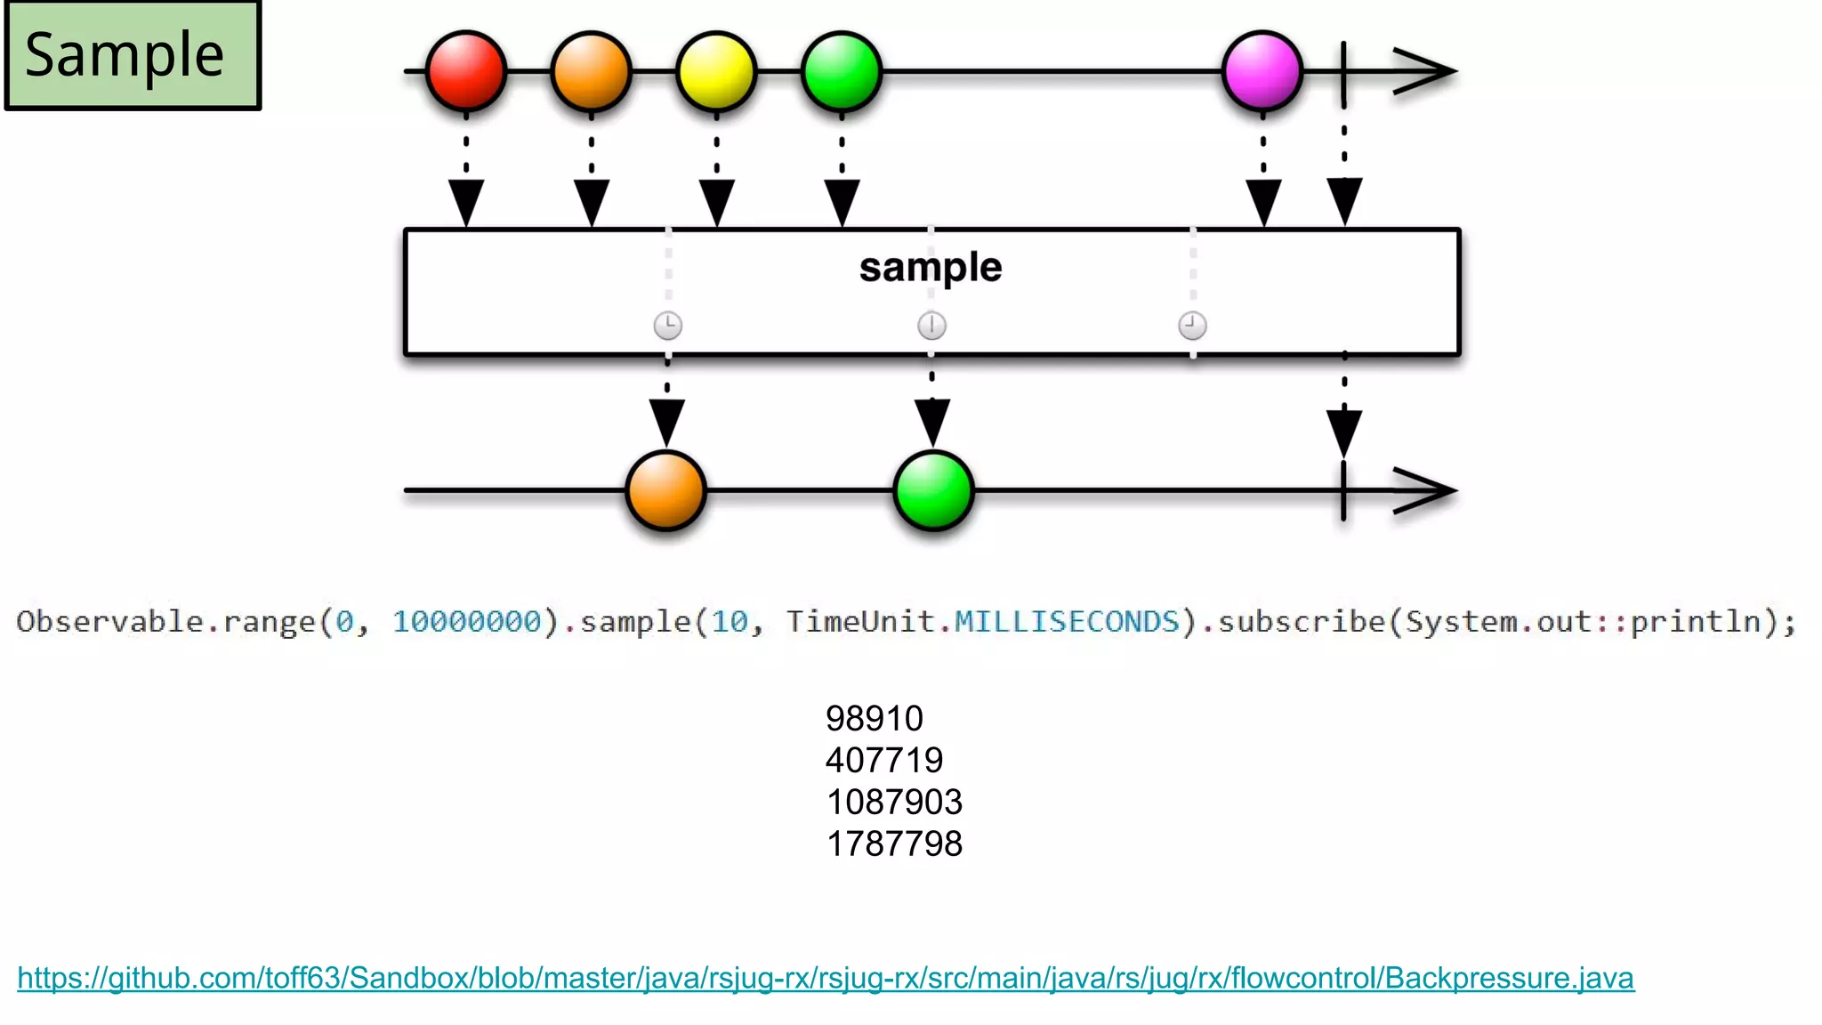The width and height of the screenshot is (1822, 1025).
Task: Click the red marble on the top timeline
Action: (x=466, y=71)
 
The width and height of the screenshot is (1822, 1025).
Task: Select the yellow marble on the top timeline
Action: (x=716, y=71)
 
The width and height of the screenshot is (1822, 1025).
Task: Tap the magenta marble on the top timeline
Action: (x=1262, y=71)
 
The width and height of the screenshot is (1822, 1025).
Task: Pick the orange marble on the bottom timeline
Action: (x=665, y=490)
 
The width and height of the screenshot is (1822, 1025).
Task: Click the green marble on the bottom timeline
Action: (x=933, y=490)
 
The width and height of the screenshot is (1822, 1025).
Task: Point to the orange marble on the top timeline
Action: (x=591, y=71)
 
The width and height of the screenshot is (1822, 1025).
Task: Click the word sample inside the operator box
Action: (x=931, y=268)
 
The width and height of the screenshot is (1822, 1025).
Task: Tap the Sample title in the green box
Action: (x=125, y=55)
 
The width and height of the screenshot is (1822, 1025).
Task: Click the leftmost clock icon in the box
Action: (x=668, y=326)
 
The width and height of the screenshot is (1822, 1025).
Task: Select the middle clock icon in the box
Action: (x=931, y=326)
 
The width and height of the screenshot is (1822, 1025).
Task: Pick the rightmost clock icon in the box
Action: (x=1192, y=326)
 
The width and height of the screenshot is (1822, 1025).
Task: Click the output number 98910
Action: (x=875, y=719)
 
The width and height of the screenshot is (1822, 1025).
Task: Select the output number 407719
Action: (x=884, y=761)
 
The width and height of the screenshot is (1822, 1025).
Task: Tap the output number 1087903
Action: (x=894, y=803)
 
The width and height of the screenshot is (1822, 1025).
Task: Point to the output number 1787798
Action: (x=894, y=844)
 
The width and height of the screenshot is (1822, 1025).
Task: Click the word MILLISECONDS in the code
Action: (x=1067, y=621)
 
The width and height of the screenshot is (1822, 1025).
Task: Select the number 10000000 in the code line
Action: (x=467, y=621)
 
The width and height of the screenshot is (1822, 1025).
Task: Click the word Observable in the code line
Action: (x=110, y=621)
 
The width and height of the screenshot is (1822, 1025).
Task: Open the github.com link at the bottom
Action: (x=826, y=978)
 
